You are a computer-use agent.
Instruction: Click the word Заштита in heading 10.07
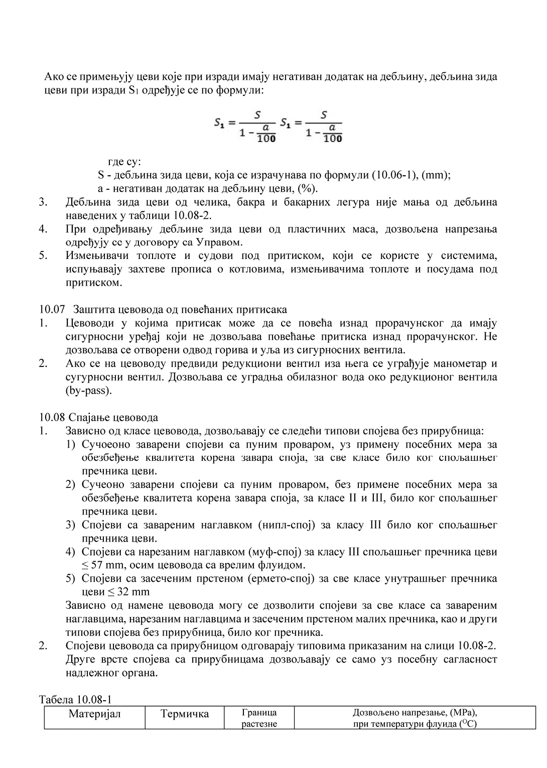92,309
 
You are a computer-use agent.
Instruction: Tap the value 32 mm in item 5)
133,592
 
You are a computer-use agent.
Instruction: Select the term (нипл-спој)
285,525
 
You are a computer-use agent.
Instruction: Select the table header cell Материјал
95,714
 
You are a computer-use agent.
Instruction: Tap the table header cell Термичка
185,714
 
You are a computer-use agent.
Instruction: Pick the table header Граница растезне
259,718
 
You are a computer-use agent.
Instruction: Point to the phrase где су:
125,162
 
